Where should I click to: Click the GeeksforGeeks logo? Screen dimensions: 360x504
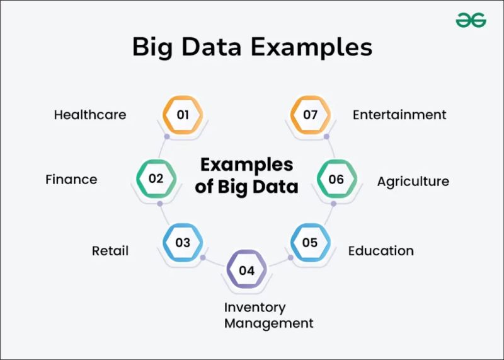[471, 21]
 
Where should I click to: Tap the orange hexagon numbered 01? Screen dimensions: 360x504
[183, 115]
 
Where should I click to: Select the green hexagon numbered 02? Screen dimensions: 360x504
[156, 178]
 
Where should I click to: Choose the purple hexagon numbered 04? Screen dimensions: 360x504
[247, 271]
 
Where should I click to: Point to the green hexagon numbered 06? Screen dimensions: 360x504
[336, 179]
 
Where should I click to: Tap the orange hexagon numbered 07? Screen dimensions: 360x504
[310, 115]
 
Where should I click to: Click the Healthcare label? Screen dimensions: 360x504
[90, 115]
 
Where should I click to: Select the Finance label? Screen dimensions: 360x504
[71, 179]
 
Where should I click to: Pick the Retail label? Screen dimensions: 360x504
[110, 250]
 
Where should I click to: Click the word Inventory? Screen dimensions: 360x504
[255, 308]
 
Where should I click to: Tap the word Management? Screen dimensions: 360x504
[269, 323]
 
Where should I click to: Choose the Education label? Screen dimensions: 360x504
[381, 250]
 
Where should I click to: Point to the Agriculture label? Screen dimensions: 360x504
[413, 182]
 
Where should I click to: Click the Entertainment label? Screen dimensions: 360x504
[399, 115]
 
